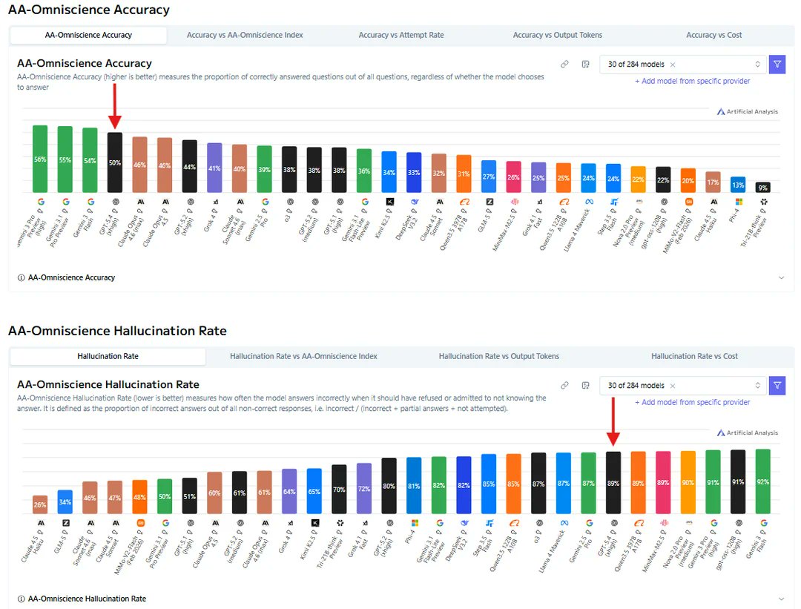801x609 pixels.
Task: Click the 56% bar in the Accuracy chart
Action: [x=40, y=159]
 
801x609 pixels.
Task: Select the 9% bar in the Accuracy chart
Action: [x=763, y=188]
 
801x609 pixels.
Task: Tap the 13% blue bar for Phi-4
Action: [x=738, y=185]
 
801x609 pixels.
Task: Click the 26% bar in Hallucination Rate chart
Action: [x=40, y=504]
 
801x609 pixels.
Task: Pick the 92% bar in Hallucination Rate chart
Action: [x=763, y=481]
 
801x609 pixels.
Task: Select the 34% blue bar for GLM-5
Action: [x=65, y=502]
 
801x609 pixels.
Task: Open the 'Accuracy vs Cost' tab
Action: [x=713, y=35]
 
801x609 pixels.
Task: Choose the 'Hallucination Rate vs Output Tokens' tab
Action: [x=498, y=356]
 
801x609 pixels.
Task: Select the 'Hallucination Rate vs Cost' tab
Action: [x=694, y=356]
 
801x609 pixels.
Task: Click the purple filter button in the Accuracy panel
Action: [x=777, y=65]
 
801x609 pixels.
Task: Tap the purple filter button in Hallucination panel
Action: [x=777, y=386]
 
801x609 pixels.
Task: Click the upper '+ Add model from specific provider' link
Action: [x=692, y=81]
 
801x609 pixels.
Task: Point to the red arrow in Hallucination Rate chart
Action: [x=613, y=423]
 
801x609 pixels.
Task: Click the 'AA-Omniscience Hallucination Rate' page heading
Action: [x=117, y=331]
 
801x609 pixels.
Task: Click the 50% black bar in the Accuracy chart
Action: [x=115, y=162]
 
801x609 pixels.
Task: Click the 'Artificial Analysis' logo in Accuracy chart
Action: [x=747, y=111]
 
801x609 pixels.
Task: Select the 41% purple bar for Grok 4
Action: [x=214, y=168]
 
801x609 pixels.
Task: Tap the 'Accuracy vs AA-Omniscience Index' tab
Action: [x=245, y=35]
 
